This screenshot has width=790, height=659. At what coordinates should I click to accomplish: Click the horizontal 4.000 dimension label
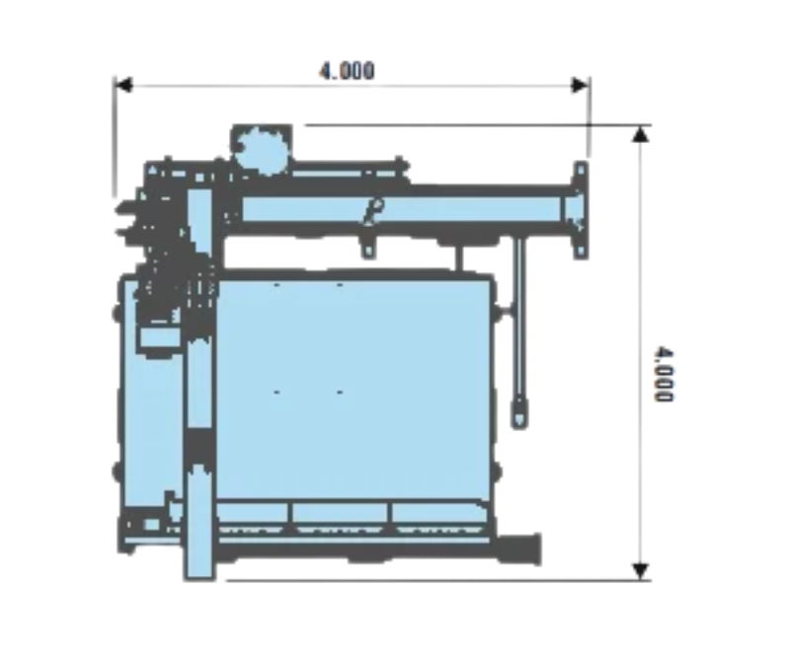click(x=348, y=71)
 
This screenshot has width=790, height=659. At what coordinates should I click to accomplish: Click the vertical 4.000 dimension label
click(x=663, y=374)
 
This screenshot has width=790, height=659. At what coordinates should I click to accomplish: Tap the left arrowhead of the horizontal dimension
click(x=124, y=85)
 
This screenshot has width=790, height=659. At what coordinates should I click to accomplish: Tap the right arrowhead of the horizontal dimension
click(x=580, y=85)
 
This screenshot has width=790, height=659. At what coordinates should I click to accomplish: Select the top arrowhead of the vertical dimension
click(x=640, y=134)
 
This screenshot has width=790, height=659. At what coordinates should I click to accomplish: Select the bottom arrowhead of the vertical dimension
click(x=640, y=571)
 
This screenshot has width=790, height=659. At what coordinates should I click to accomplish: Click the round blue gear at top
click(x=262, y=150)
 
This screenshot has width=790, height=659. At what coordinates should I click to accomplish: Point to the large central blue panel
click(x=353, y=388)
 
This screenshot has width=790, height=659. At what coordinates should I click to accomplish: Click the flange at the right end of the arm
click(x=580, y=210)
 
